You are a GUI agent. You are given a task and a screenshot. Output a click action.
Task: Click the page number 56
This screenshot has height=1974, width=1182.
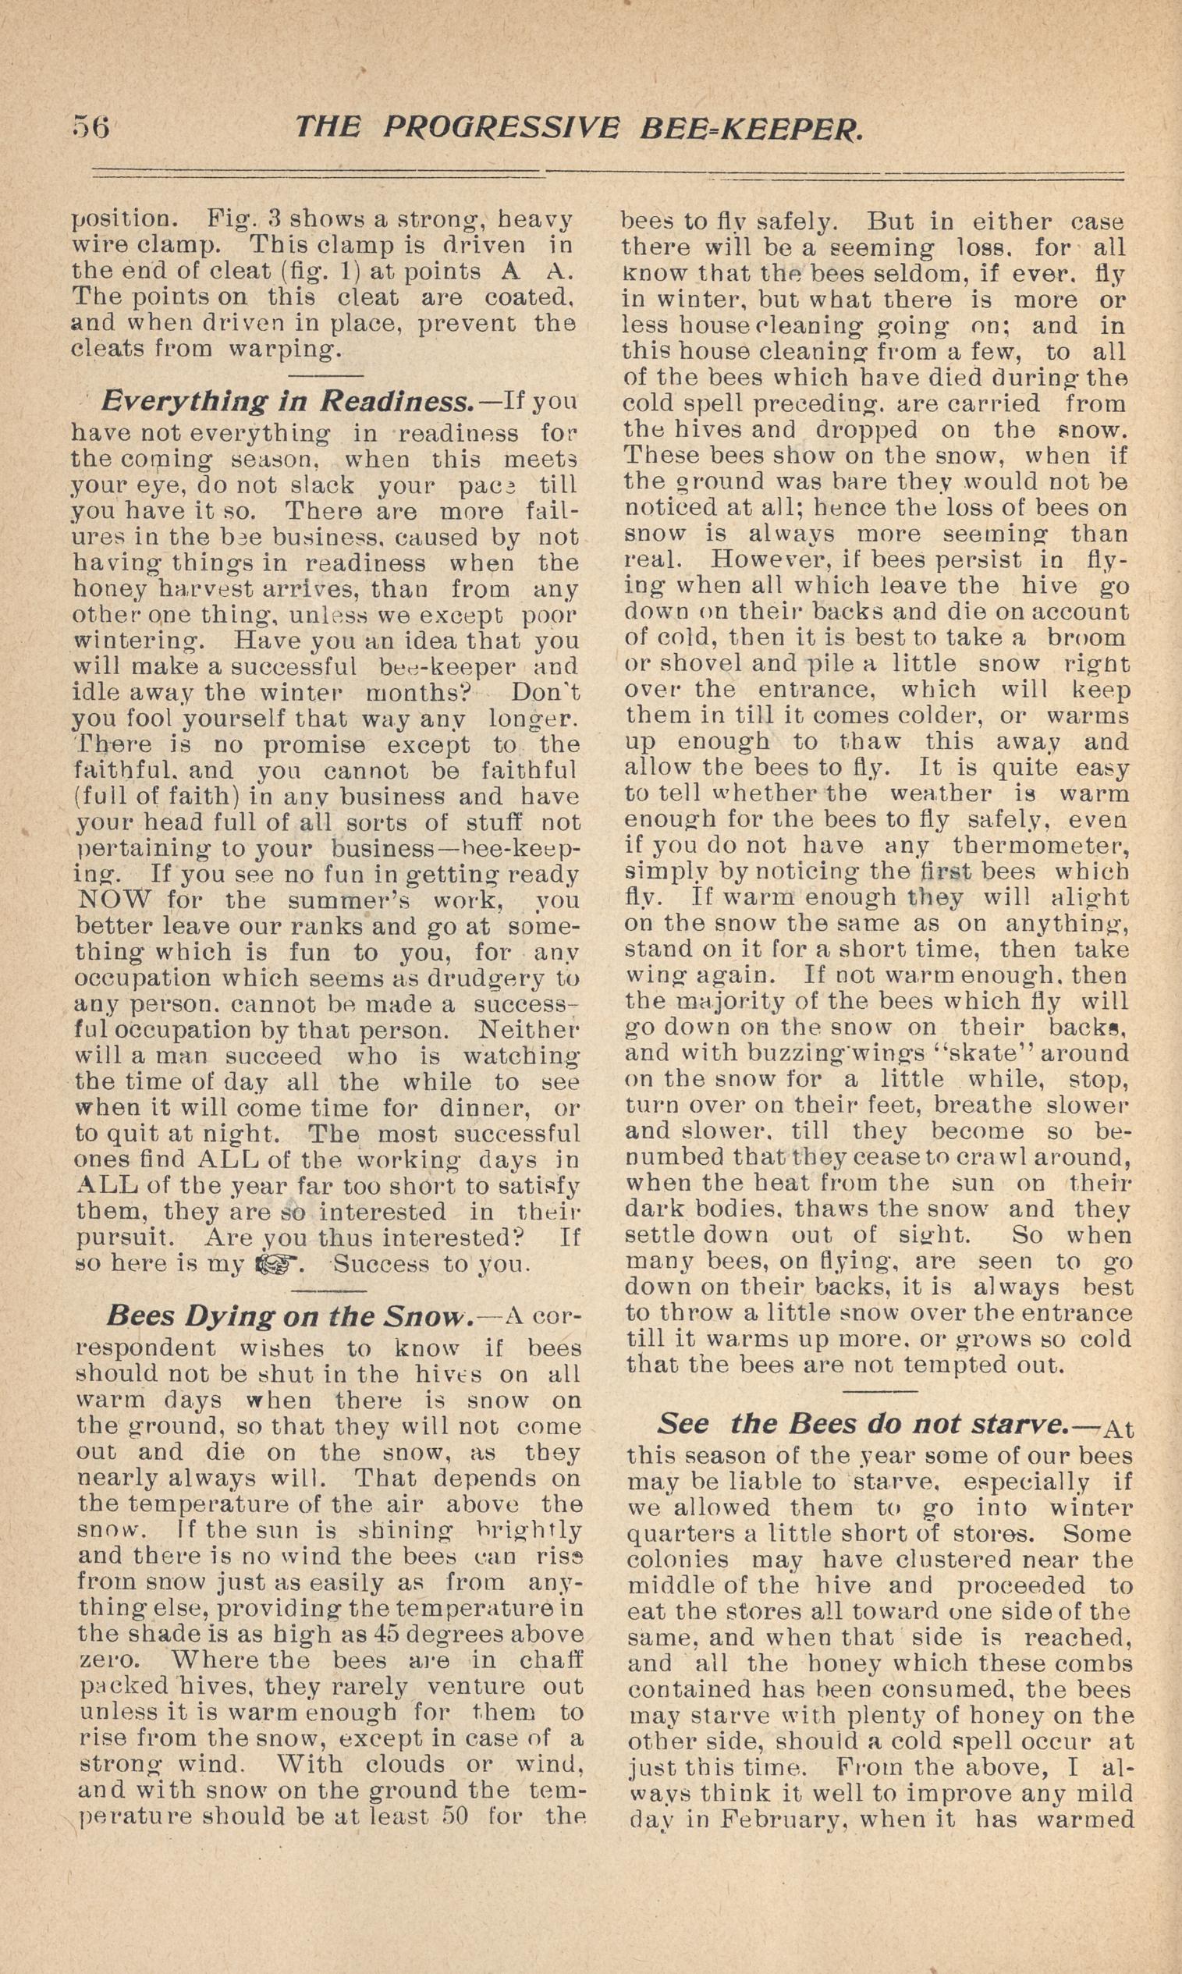(x=90, y=126)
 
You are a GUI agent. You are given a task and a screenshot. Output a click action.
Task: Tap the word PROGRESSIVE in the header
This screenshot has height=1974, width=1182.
(x=500, y=127)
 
